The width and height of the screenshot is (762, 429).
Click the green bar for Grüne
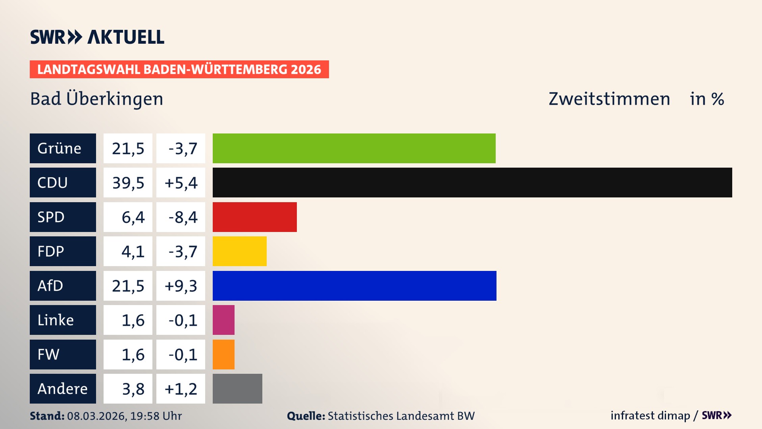coord(354,148)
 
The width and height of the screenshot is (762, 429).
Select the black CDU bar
coord(472,182)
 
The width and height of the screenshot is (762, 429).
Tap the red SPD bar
coord(254,217)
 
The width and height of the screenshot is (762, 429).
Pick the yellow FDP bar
coord(239,251)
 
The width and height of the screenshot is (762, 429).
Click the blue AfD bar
coord(354,286)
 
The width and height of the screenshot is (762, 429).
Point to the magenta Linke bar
coord(223,320)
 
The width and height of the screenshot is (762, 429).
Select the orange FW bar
coord(223,354)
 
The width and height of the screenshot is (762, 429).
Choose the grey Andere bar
coord(237,388)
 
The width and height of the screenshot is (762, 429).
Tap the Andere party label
coord(63,388)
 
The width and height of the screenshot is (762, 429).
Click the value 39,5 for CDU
coord(128,183)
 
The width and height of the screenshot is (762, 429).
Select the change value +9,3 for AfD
coord(181,286)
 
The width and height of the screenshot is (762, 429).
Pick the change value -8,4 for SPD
coord(182,217)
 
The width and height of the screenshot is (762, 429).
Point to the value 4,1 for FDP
coord(133,251)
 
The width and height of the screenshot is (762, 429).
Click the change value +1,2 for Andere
coord(181,389)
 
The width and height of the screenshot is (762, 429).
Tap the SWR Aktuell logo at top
coord(97,37)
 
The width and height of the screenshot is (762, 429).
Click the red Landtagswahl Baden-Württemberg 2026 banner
coord(179,69)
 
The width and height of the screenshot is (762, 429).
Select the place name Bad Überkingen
coord(96,99)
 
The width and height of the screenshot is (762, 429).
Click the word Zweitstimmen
coord(609,99)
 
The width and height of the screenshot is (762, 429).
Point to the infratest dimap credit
coord(650,415)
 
